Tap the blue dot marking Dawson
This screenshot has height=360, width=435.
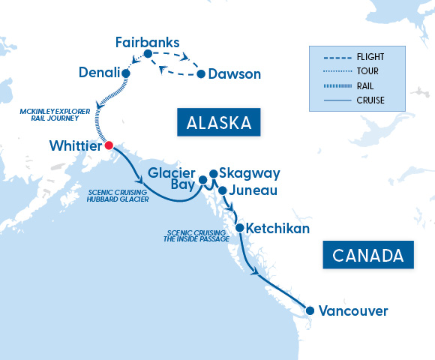[x=201, y=74]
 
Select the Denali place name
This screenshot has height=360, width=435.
[x=100, y=73]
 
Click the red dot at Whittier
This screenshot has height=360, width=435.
[x=109, y=145]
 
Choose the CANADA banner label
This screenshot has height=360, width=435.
[x=368, y=255]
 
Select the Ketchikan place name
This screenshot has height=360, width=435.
[x=277, y=228]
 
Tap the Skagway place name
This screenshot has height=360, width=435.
[x=250, y=173]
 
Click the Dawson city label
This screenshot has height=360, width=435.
[x=235, y=74]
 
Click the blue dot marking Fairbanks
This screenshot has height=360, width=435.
[x=148, y=54]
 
